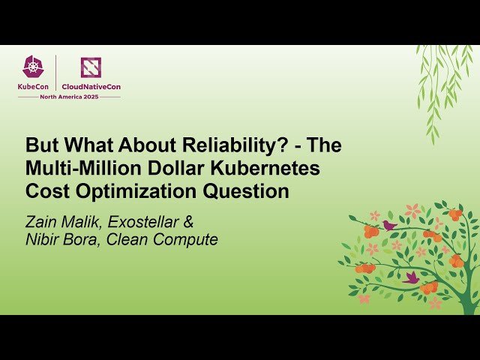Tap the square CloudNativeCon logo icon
tap(91, 68)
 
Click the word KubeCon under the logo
tap(34, 87)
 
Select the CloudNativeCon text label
tap(91, 87)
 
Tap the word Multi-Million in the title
tap(76, 169)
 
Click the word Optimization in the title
tap(130, 191)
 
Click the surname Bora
tap(82, 240)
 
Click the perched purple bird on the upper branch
tap(389, 224)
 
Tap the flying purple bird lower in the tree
tap(410, 277)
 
